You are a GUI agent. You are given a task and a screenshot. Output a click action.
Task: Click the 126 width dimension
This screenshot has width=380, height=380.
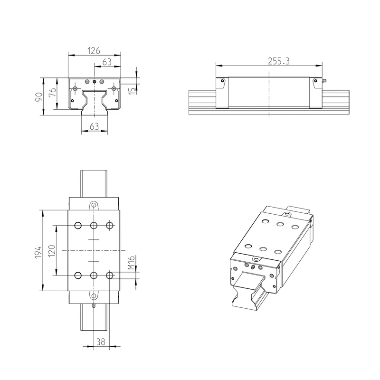pyautogui.click(x=94, y=51)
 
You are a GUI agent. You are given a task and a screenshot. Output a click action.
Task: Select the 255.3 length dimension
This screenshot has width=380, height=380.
pyautogui.click(x=279, y=61)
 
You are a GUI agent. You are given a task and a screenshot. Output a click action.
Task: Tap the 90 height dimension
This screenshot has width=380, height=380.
pyautogui.click(x=39, y=97)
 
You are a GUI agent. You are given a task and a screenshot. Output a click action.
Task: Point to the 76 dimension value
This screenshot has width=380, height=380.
pyautogui.click(x=53, y=92)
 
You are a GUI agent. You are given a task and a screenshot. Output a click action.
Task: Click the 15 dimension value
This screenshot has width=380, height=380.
pyautogui.click(x=132, y=91)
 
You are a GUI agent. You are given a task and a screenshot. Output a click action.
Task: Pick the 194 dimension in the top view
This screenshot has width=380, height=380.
pyautogui.click(x=38, y=253)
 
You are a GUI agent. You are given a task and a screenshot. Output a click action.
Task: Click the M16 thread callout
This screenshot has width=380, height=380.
pyautogui.click(x=131, y=263)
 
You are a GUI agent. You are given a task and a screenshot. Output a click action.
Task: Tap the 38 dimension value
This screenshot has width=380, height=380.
pyautogui.click(x=101, y=342)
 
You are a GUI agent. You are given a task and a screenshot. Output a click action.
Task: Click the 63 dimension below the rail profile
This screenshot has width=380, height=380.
pyautogui.click(x=94, y=126)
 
